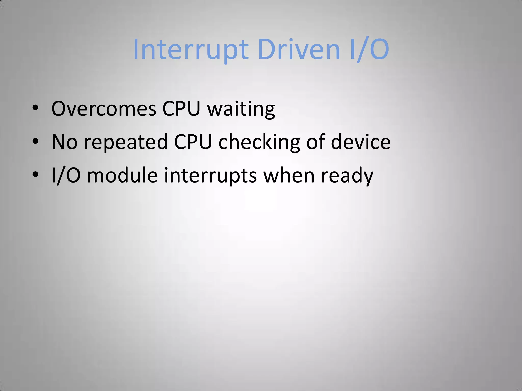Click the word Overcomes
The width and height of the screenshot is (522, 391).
[x=104, y=109]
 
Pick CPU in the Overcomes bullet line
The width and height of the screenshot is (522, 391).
[x=181, y=109]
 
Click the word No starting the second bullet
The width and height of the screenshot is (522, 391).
[x=64, y=142]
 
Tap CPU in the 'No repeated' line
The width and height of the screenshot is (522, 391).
[x=193, y=142]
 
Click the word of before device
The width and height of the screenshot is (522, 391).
[x=316, y=142]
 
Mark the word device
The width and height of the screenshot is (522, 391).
[x=360, y=142]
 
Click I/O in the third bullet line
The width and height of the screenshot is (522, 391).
[x=66, y=175]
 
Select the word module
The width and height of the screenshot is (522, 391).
[x=122, y=175]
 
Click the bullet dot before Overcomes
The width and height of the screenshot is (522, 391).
[x=35, y=108]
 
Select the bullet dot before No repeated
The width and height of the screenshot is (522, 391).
[x=35, y=141]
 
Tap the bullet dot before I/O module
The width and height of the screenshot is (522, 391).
[x=35, y=174]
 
